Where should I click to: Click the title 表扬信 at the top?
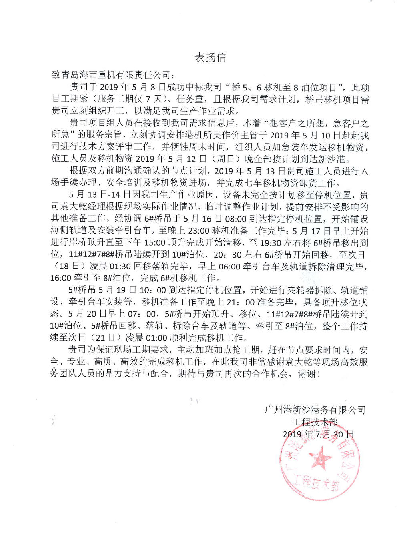pos(210,58)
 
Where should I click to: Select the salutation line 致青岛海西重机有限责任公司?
pos(113,75)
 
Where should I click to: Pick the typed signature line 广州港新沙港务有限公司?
pos(315,410)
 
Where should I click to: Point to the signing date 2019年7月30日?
pos(318,434)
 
